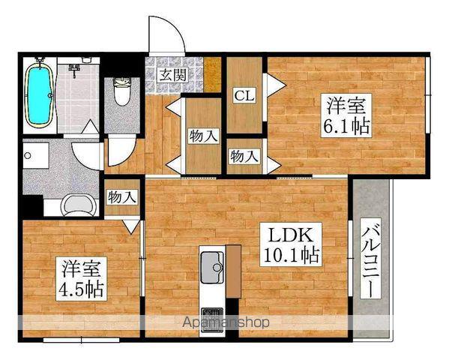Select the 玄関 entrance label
tap(172, 74)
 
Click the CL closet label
tap(243, 95)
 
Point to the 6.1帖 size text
tap(346, 125)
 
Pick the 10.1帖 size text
tap(290, 255)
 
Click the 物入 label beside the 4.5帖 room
tap(122, 198)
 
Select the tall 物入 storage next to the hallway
tap(203, 136)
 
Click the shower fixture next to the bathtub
tap(76, 69)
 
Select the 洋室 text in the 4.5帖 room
tap(81, 268)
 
